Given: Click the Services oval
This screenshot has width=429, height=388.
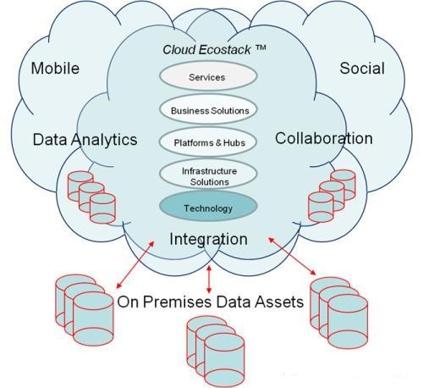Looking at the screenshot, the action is tap(208, 76).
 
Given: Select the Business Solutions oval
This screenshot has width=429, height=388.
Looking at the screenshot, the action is tap(208, 110).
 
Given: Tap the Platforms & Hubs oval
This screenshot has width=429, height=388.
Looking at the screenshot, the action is tap(208, 142).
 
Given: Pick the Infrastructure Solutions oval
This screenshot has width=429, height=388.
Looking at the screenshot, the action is tap(208, 175).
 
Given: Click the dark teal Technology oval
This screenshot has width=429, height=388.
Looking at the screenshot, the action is tap(208, 207).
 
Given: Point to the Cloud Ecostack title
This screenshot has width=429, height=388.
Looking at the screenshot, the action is tap(214, 49).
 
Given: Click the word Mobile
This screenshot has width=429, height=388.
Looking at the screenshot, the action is tap(55, 69).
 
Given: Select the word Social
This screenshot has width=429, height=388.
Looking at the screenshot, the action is tap(362, 69).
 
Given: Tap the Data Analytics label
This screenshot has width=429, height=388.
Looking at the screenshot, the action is tap(85, 140).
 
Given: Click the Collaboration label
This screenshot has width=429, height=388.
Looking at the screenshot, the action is tap(324, 138).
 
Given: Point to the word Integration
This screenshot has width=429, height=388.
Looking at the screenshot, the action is tap(208, 240).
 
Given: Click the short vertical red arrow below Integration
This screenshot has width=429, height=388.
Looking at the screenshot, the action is tap(209, 280).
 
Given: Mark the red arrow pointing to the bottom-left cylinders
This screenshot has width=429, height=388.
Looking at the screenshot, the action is tap(135, 264).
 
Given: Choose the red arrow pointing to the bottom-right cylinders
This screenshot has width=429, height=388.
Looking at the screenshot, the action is tap(292, 256).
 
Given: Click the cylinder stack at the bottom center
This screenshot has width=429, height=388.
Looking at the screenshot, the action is tap(216, 352).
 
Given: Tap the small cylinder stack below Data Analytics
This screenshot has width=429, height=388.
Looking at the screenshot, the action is tap(91, 197).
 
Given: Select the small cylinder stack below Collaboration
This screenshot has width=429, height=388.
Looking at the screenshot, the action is tap(332, 196).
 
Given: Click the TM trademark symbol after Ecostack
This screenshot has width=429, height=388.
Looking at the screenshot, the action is tap(261, 47).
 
